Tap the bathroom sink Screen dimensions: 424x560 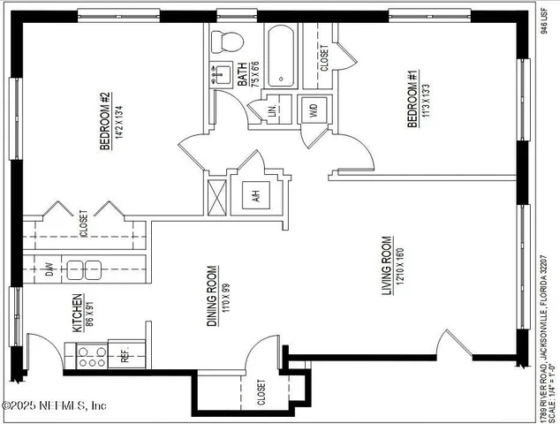click(x=223, y=74)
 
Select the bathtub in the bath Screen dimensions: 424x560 click(x=280, y=56)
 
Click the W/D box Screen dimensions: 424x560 click(x=313, y=110)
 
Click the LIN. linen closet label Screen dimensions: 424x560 click(x=273, y=110)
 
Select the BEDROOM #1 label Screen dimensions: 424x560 click(x=412, y=100)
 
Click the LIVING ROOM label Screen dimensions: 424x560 click(x=386, y=266)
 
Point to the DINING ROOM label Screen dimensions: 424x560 click(x=212, y=296)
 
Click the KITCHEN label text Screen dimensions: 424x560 click(x=78, y=314)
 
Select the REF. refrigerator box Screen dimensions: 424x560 click(x=125, y=356)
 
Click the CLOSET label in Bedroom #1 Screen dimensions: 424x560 click(x=324, y=58)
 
